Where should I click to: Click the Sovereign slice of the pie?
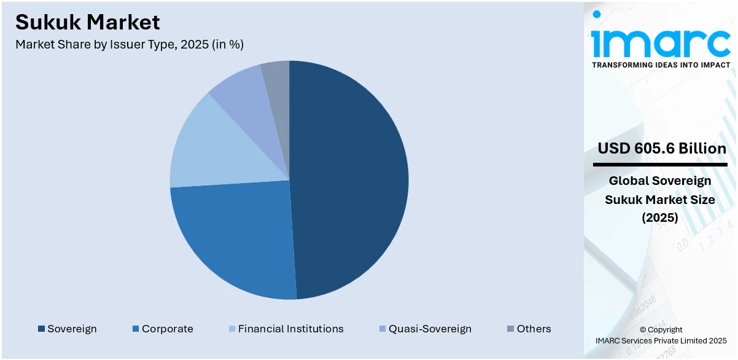tap(350, 178)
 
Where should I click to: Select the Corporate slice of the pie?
tap(233, 240)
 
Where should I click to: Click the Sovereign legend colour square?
tap(41, 329)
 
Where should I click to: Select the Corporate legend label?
tap(167, 329)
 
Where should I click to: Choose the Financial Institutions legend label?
tap(290, 329)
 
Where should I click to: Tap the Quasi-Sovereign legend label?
tap(430, 329)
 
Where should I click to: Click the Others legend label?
tap(534, 329)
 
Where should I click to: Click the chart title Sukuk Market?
tap(87, 22)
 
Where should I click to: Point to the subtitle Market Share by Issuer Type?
tap(130, 45)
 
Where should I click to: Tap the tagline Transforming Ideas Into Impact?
tap(661, 65)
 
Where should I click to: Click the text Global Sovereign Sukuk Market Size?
tap(660, 190)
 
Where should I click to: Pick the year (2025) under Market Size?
tap(660, 218)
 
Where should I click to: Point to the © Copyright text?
tap(661, 330)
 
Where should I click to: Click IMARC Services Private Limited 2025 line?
tap(661, 340)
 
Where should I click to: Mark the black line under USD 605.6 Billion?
tap(660, 165)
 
